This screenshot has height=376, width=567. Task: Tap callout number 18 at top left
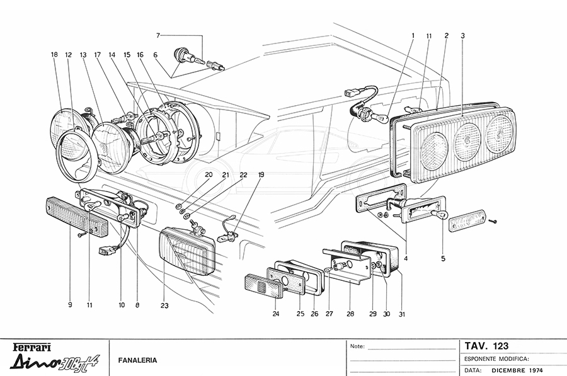click(x=54, y=55)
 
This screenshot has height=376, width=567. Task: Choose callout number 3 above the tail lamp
click(x=463, y=36)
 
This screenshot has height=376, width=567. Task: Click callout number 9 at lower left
click(x=71, y=305)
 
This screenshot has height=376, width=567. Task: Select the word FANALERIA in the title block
click(x=138, y=361)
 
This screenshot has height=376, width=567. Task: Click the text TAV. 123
click(x=486, y=346)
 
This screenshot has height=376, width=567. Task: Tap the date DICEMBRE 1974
click(x=520, y=370)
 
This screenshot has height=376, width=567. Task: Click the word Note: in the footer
click(x=357, y=346)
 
